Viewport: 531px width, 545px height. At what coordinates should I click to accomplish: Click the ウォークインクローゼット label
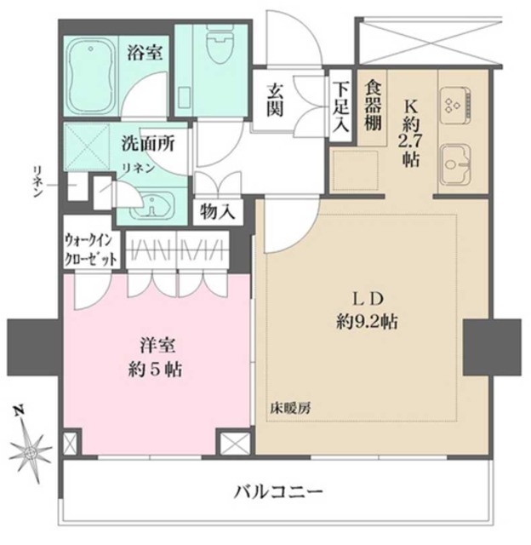pyautogui.click(x=87, y=253)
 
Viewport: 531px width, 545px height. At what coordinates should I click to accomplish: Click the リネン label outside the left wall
pyautogui.click(x=39, y=181)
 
